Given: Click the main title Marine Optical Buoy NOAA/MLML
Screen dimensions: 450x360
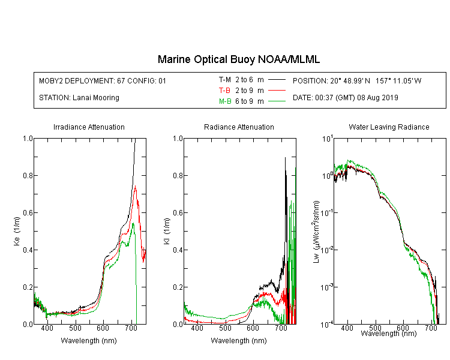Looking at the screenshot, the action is (238, 59).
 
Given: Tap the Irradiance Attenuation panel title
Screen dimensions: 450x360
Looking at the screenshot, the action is (89, 127).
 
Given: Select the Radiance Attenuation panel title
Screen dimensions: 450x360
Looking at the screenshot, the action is (239, 127).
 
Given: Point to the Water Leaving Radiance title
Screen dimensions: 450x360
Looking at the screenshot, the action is (389, 127).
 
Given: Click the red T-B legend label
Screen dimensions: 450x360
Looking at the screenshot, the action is (225, 91).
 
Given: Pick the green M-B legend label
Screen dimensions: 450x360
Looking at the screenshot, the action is (225, 101).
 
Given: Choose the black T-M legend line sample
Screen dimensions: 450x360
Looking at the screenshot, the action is (277, 80).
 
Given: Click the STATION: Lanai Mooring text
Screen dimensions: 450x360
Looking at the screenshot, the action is (79, 98).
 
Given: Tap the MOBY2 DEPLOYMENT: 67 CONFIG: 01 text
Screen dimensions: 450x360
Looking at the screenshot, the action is (103, 80).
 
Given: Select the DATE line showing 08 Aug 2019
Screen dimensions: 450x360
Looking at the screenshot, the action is (345, 98).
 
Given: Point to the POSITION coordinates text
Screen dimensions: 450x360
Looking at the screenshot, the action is (357, 80).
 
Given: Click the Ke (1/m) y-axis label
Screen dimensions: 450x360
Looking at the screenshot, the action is (17, 232).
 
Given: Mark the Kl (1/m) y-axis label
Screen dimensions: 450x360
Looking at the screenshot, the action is (166, 232).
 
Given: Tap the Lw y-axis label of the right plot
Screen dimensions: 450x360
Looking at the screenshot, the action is (316, 232).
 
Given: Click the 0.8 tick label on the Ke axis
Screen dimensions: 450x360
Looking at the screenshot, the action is (28, 175).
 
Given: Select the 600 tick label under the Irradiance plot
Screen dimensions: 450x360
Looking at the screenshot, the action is (103, 328).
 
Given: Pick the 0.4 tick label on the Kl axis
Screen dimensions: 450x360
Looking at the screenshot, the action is (178, 250).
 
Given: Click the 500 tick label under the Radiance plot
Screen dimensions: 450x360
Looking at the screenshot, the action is (225, 328).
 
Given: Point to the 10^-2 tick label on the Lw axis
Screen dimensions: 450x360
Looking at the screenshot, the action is (327, 249).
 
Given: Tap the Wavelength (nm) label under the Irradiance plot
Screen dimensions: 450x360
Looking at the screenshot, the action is (89, 341).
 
